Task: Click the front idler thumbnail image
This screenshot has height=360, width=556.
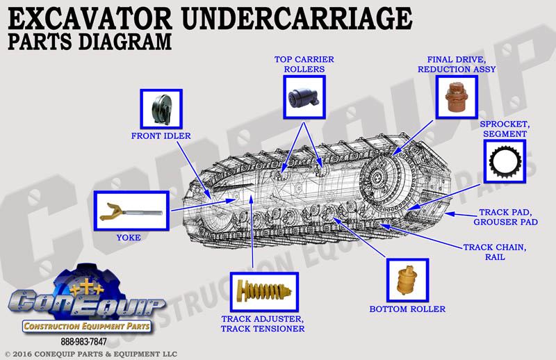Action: pyautogui.click(x=161, y=109)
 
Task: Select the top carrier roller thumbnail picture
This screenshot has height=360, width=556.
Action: pyautogui.click(x=304, y=97)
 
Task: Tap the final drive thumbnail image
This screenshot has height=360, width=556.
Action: pyautogui.click(x=457, y=97)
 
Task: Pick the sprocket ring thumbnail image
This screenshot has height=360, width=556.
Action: pyautogui.click(x=505, y=161)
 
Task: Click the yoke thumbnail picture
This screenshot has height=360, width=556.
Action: pyautogui.click(x=131, y=211)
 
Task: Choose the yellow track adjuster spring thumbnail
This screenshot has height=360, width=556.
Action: pyautogui.click(x=264, y=292)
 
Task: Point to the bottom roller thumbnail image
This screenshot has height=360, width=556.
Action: pyautogui.click(x=408, y=280)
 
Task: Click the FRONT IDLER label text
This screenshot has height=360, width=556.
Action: pyautogui.click(x=161, y=136)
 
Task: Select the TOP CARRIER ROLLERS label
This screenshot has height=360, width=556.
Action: pyautogui.click(x=304, y=64)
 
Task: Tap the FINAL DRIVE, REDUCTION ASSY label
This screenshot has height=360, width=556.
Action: pyautogui.click(x=457, y=64)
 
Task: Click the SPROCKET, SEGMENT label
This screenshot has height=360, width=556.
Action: pyautogui.click(x=505, y=129)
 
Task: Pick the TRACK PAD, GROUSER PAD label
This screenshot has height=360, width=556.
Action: pyautogui.click(x=506, y=217)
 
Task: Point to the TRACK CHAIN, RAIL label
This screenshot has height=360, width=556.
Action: pyautogui.click(x=495, y=252)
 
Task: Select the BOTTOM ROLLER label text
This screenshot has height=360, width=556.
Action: pyautogui.click(x=407, y=309)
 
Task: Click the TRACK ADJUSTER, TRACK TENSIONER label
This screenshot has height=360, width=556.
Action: pyautogui.click(x=263, y=324)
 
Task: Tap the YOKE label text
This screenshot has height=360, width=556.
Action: pyautogui.click(x=129, y=238)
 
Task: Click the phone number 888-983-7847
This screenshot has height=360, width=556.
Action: pyautogui.click(x=83, y=341)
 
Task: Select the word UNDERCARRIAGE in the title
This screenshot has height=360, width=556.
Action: pyautogui.click(x=297, y=19)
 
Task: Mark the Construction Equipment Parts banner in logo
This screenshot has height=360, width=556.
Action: pyautogui.click(x=87, y=327)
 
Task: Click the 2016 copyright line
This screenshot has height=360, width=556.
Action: pyautogui.click(x=91, y=354)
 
